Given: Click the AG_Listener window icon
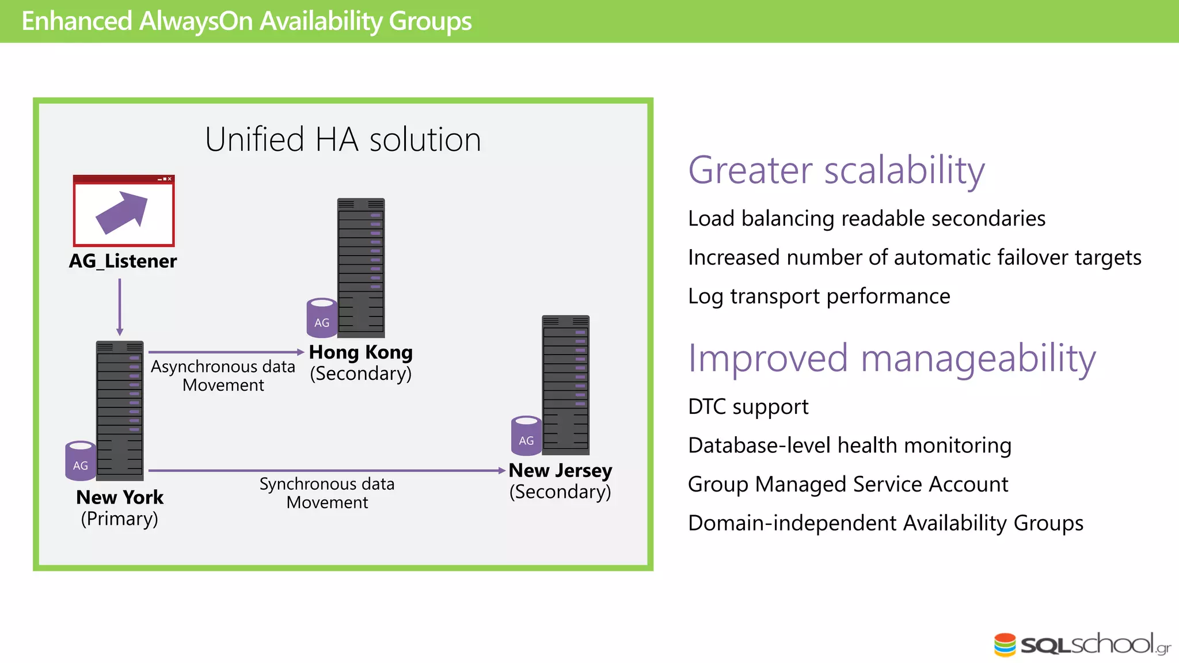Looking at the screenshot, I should (x=123, y=211).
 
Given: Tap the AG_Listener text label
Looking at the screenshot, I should (x=123, y=261).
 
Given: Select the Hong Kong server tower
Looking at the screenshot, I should (x=361, y=268).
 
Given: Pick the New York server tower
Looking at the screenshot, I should (x=120, y=410).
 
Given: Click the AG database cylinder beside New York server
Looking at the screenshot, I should (x=81, y=461).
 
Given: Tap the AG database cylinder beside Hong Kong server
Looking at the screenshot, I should (x=322, y=318).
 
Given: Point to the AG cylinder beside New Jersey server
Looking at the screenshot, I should (x=526, y=436).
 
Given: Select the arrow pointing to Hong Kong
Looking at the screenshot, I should (x=226, y=352).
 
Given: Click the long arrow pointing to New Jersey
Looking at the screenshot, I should (x=326, y=470).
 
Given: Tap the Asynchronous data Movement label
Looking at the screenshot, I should (x=223, y=376).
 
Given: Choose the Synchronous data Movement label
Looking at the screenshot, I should (x=327, y=493).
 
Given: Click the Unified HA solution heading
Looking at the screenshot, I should (x=343, y=140).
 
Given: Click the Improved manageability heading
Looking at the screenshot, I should (x=892, y=359).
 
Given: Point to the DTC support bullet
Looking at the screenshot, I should (x=748, y=406).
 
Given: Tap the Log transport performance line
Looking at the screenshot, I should (x=819, y=296).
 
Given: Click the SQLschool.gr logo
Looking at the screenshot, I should (x=1082, y=645).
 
